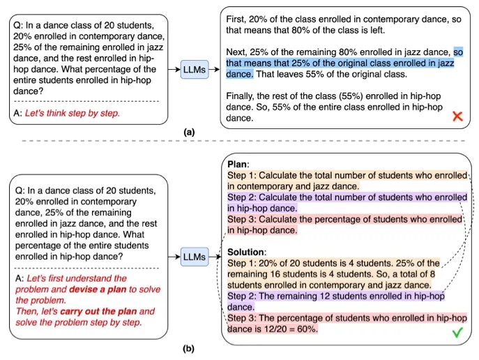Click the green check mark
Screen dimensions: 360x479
tap(456, 334)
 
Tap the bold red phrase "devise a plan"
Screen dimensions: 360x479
tap(98, 290)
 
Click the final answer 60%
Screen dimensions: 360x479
tap(306, 329)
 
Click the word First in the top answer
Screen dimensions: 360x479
tap(239, 20)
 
